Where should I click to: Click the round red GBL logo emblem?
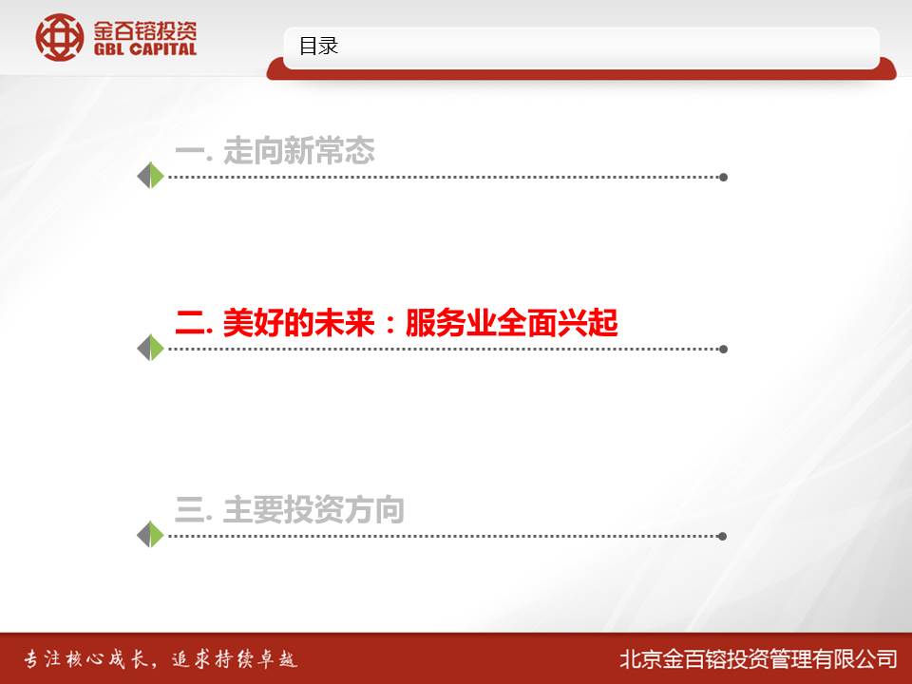coord(59,37)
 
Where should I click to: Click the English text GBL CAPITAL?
coord(145,49)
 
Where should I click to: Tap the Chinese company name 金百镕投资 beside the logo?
coord(145,30)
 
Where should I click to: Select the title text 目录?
coord(318,46)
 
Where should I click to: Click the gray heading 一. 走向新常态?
coord(275,151)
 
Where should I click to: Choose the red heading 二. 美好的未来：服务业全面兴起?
coord(396,323)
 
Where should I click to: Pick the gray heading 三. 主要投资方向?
coord(289,509)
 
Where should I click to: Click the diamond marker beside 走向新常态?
coord(150,175)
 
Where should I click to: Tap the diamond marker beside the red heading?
coord(150,348)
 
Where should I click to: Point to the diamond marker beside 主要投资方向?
coord(150,534)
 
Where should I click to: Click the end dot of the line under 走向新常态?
coord(723,177)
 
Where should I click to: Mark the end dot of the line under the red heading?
coord(723,349)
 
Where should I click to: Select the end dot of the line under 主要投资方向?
coord(722,536)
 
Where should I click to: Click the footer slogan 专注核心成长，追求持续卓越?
coord(161,659)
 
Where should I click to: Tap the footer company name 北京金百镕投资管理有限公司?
coord(758,659)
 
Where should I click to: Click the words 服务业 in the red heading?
coord(450,323)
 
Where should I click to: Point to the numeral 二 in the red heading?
coord(190,323)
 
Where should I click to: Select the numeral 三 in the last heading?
coord(190,509)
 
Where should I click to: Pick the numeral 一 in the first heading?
coord(190,152)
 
